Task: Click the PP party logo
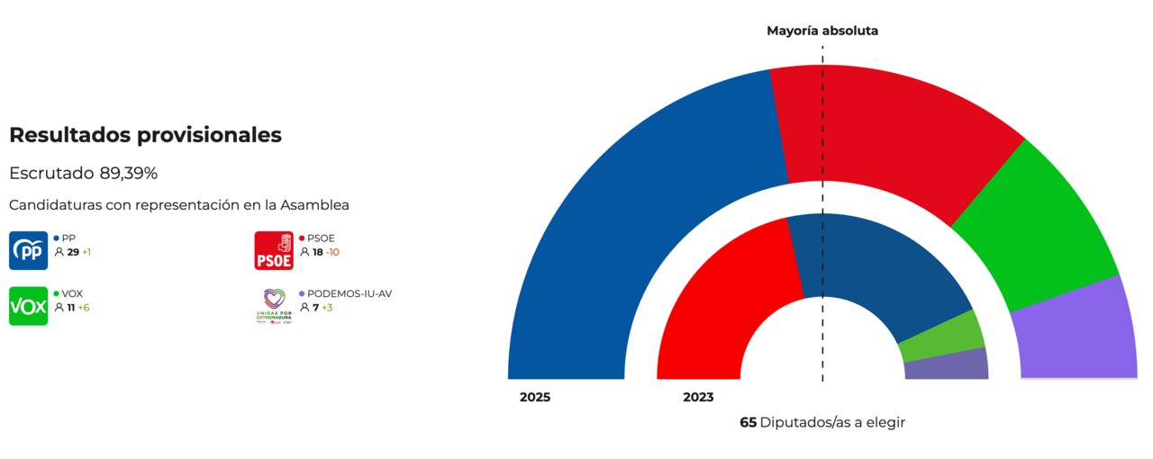click(x=28, y=250)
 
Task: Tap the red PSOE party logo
click(x=274, y=250)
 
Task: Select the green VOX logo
click(x=28, y=306)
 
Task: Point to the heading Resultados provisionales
click(x=145, y=135)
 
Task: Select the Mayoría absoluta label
click(x=822, y=31)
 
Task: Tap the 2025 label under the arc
click(x=535, y=397)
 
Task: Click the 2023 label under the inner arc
click(x=698, y=397)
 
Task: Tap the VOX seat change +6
click(x=84, y=308)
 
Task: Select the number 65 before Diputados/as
click(x=748, y=422)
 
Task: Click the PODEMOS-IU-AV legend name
click(x=350, y=293)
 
